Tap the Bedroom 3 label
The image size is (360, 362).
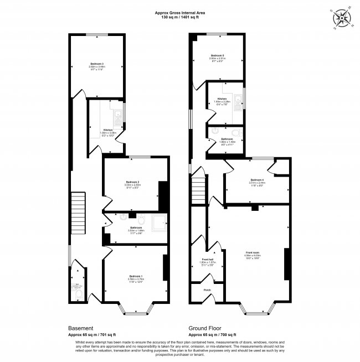coord(97,64)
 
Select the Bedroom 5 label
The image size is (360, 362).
coord(218,55)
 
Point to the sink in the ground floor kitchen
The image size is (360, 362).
coord(238,100)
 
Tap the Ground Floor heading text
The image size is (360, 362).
coord(205,328)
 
